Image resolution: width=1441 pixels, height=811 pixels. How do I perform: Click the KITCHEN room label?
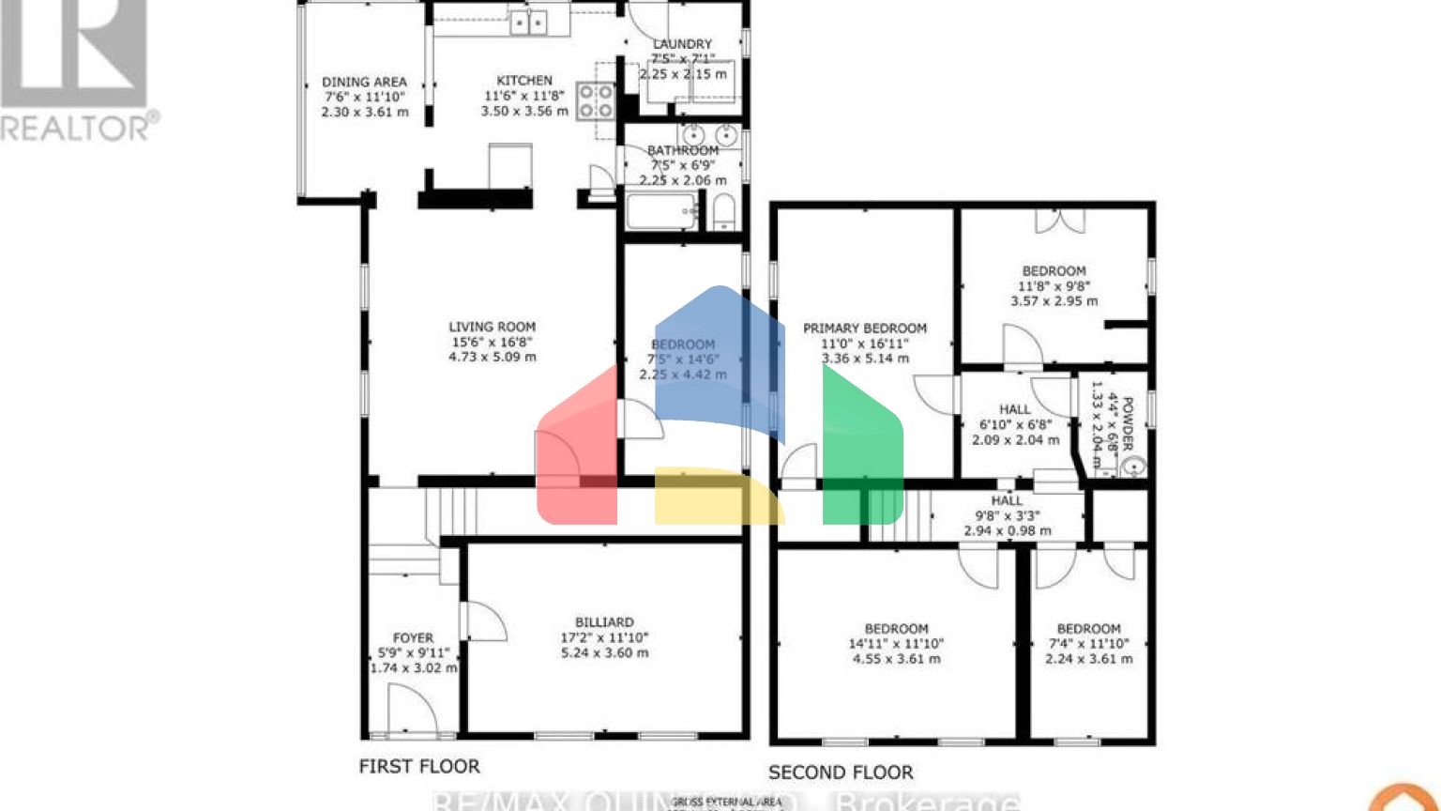(x=524, y=81)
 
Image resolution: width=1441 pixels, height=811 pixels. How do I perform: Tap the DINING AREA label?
(x=364, y=82)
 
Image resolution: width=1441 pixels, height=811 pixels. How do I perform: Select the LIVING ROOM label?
(x=492, y=327)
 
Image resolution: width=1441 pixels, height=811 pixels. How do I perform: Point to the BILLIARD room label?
(x=604, y=622)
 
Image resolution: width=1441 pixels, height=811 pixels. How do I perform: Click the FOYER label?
(x=413, y=638)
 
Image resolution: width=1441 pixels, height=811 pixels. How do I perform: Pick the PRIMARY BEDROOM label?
(x=864, y=329)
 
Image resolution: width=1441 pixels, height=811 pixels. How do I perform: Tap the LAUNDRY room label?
(x=682, y=44)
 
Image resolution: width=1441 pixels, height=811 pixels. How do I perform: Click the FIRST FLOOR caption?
(x=419, y=767)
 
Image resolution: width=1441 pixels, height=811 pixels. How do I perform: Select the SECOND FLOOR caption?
(x=841, y=773)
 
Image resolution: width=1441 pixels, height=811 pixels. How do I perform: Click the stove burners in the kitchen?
(x=595, y=101)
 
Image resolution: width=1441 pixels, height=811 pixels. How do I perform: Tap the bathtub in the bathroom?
(x=661, y=212)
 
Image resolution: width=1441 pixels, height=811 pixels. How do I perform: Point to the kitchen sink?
(x=529, y=21)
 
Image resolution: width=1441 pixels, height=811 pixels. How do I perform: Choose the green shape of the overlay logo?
(x=862, y=451)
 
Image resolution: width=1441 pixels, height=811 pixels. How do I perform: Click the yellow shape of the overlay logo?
(x=718, y=496)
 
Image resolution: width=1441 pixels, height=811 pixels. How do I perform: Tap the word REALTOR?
(x=75, y=127)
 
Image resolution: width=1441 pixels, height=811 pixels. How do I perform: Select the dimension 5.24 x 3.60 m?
(x=604, y=652)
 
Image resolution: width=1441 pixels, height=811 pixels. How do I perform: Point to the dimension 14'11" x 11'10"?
(x=896, y=644)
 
